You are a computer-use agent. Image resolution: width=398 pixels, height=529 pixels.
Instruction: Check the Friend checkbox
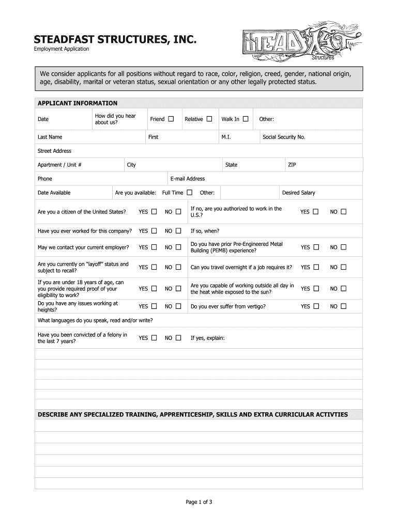[x=171, y=119]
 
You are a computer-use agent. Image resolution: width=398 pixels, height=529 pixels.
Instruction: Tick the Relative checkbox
[x=209, y=119]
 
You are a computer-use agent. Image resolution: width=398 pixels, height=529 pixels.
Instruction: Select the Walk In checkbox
[x=246, y=119]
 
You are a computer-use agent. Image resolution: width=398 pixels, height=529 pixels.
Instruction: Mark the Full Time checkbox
[x=190, y=193]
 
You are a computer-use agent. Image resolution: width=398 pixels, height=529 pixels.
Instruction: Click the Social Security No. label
[x=284, y=137]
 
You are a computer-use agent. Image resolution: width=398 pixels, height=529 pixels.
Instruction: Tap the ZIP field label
[x=292, y=165]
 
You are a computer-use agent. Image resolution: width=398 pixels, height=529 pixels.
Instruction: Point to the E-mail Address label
[x=187, y=179]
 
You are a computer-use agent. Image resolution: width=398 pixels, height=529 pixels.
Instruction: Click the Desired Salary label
[x=298, y=193]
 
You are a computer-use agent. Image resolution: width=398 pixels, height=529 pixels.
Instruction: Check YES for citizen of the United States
[x=155, y=212]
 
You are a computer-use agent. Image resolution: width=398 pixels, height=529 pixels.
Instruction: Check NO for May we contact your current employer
[x=178, y=247]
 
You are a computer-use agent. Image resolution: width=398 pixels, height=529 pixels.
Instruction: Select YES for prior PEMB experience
[x=316, y=247]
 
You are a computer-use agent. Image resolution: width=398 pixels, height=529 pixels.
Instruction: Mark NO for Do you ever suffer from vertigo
[x=344, y=306]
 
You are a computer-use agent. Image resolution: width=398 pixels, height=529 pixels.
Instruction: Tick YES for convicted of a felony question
[x=155, y=338]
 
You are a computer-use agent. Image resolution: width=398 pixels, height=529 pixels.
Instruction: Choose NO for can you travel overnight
[x=344, y=267]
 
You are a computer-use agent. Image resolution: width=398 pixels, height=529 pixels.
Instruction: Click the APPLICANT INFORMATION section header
[x=78, y=103]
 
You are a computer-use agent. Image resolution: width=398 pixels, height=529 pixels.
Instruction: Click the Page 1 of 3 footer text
[x=199, y=502]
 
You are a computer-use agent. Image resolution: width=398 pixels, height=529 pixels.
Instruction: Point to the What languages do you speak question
[x=95, y=320]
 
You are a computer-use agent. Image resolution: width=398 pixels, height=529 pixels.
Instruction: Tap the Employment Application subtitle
[x=62, y=49]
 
